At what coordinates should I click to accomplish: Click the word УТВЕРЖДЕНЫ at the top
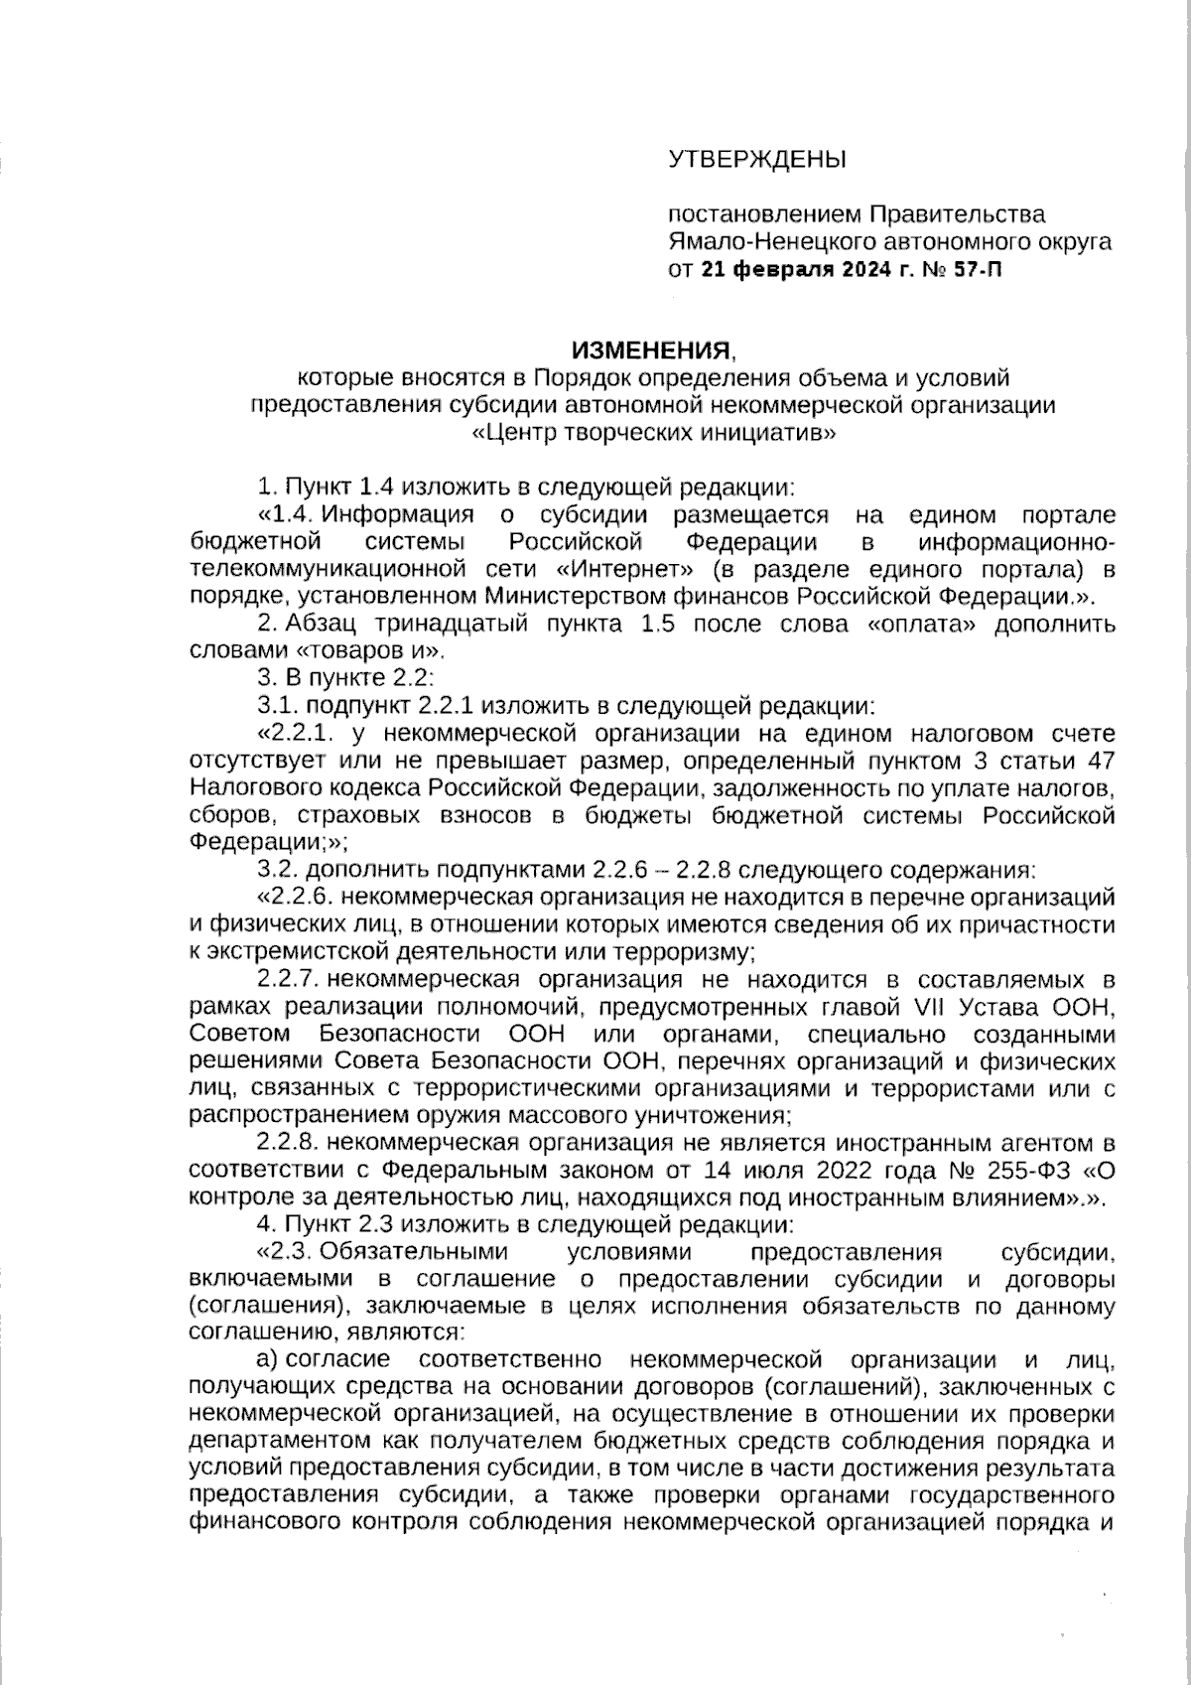coord(757,159)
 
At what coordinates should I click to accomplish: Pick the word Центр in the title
coord(526,433)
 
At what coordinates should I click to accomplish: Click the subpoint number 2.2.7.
coord(287,980)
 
